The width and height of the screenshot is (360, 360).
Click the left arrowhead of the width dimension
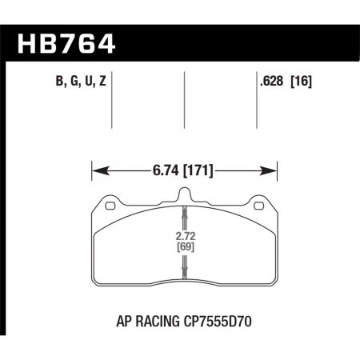pyautogui.click(x=97, y=170)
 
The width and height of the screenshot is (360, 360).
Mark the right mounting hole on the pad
pyautogui.click(x=259, y=208)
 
